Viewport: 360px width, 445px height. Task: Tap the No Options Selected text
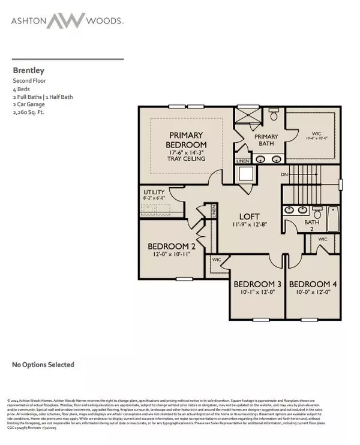coord(43,364)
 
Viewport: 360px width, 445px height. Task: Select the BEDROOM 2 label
coord(172,246)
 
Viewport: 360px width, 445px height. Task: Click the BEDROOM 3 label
coord(257,284)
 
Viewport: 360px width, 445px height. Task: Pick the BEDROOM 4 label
coord(312,284)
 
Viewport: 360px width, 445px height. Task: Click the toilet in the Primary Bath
coord(274,114)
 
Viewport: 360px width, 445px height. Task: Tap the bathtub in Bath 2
coord(333,219)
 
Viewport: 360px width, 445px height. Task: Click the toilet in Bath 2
coord(317,212)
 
